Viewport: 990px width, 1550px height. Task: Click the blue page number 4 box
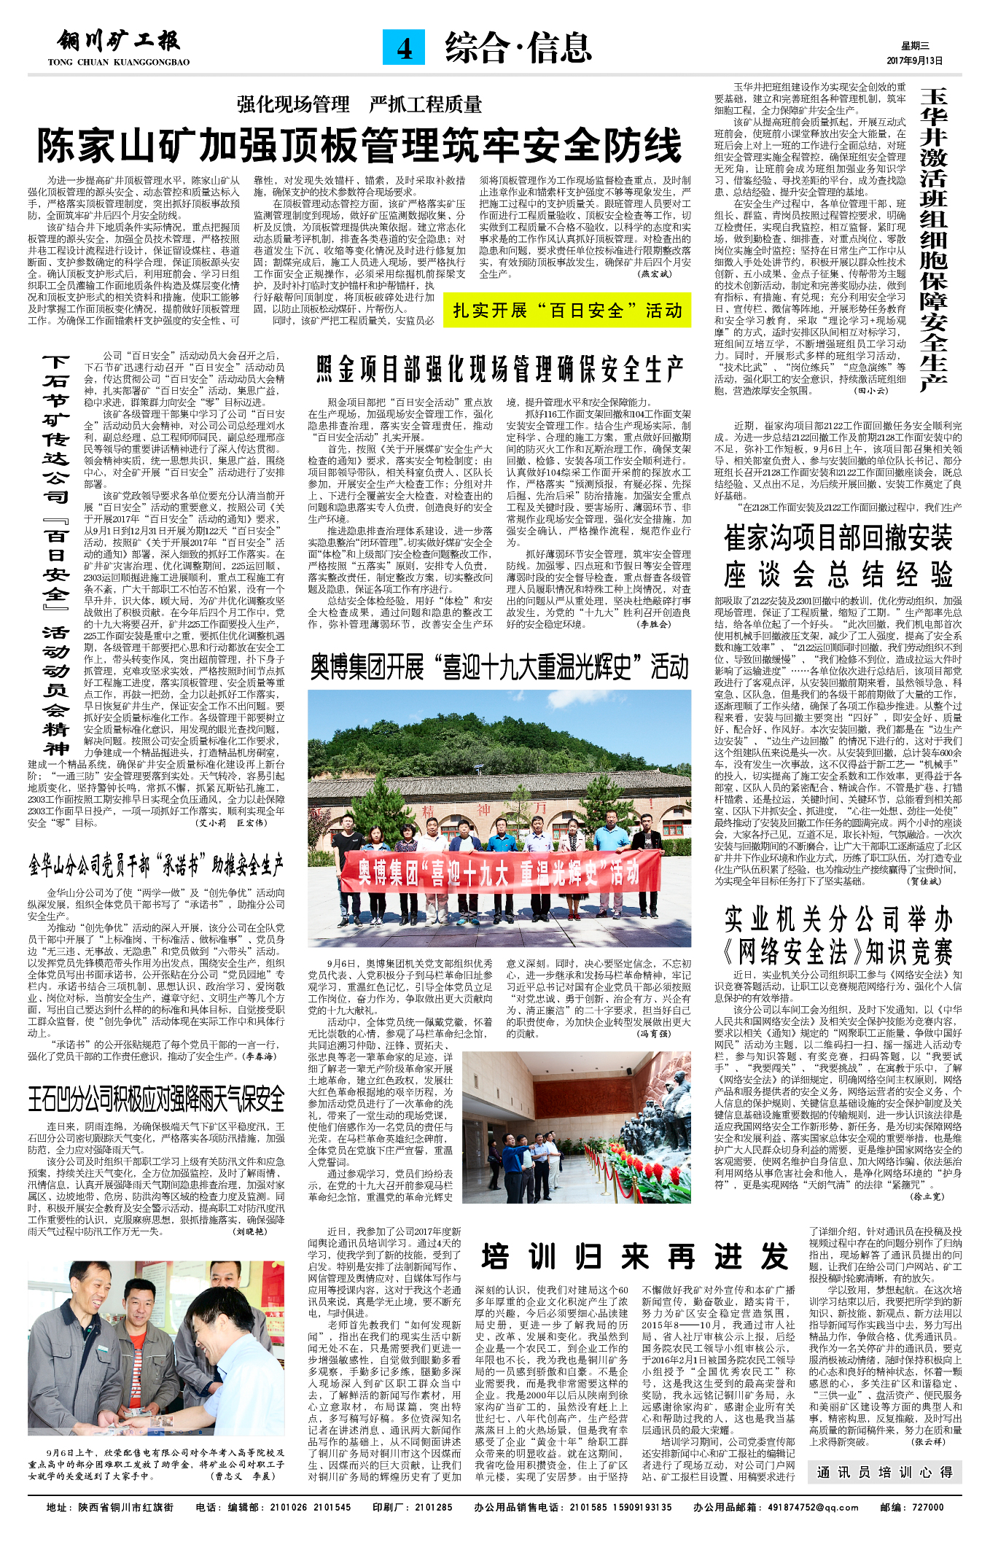(404, 47)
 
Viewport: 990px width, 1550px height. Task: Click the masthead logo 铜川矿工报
(119, 42)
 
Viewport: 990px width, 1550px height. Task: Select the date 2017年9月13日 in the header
(914, 61)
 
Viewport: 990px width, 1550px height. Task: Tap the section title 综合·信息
(518, 48)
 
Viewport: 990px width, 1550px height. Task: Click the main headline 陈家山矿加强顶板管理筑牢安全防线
(359, 146)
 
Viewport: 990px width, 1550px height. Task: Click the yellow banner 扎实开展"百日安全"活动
(566, 311)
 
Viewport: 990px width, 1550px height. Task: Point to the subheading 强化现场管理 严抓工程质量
(359, 104)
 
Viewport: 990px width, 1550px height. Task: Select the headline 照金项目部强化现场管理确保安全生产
(499, 370)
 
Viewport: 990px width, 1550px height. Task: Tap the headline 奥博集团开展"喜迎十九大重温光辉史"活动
(499, 667)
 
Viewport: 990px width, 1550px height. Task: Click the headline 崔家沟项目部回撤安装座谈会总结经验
(838, 556)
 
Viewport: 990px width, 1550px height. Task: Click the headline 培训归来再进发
(635, 1257)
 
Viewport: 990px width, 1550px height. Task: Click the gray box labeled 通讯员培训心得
(884, 1472)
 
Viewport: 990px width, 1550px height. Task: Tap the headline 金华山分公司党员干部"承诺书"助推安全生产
(156, 865)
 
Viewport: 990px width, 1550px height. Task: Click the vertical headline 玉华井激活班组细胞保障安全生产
(934, 241)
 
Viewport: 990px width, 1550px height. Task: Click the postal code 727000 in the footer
(928, 1507)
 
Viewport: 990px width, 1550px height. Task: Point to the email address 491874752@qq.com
(814, 1507)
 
